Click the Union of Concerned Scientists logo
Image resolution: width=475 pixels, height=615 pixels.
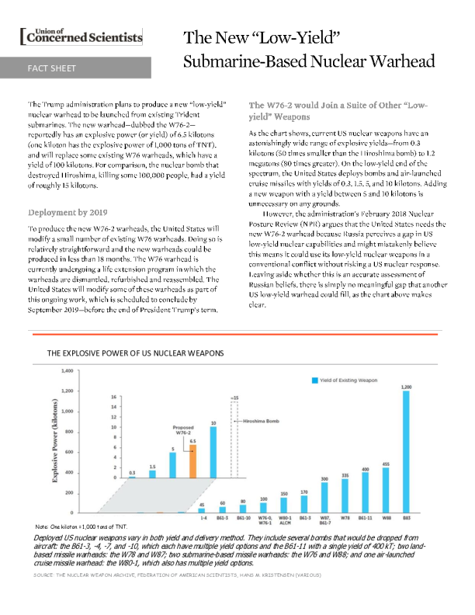pyautogui.click(x=85, y=36)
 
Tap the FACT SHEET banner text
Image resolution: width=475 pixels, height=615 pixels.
pyautogui.click(x=52, y=68)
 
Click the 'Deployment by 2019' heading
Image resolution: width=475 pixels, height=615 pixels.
pyautogui.click(x=68, y=213)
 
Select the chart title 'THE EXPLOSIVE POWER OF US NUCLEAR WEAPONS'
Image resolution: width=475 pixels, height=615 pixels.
pyautogui.click(x=135, y=353)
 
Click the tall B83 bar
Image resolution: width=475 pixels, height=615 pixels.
pyautogui.click(x=406, y=451)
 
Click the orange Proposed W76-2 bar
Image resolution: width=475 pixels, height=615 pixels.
pyautogui.click(x=192, y=461)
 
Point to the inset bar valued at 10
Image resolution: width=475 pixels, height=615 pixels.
pyautogui.click(x=213, y=451)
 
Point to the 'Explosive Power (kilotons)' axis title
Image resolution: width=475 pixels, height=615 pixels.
pyautogui.click(x=55, y=443)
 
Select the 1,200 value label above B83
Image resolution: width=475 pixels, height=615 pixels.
pyautogui.click(x=406, y=386)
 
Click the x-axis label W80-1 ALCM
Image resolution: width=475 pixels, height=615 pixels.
pyautogui.click(x=283, y=521)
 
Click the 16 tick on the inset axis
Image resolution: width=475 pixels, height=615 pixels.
pyautogui.click(x=114, y=396)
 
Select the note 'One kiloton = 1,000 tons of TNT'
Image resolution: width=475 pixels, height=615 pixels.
pyautogui.click(x=87, y=527)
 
